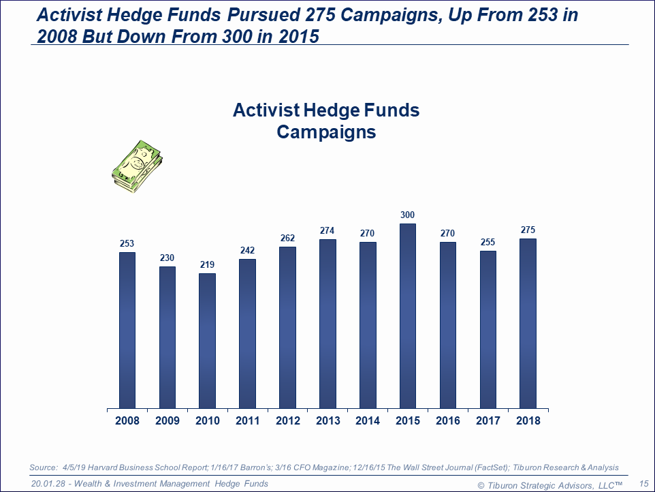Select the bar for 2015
(407, 316)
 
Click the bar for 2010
(207, 341)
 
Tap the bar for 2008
(127, 330)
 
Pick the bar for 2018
(528, 324)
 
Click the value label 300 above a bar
(407, 215)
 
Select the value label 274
(327, 231)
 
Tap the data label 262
(287, 239)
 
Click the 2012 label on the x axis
(287, 420)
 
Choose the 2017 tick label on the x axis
(488, 420)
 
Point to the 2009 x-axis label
(167, 420)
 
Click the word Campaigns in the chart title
(326, 132)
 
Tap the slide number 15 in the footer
(643, 484)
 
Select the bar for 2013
(327, 324)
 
